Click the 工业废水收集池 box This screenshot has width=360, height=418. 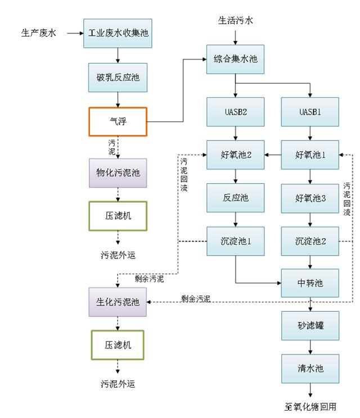pos(118,33)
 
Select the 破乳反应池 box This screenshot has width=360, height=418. pos(118,78)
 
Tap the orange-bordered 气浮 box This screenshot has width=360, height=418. pos(118,121)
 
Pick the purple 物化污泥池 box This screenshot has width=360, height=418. pos(118,172)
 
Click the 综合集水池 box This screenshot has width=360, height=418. pos(235,58)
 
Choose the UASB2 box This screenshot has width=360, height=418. pos(235,112)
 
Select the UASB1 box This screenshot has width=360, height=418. pos(310,112)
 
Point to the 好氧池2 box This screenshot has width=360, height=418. pos(235,154)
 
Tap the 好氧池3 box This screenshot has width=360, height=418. pos(310,198)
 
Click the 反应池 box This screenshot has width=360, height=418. pos(235,198)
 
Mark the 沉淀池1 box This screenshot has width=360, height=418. pos(235,241)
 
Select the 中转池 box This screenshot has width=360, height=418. pos(310,283)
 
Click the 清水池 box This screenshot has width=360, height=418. pos(310,368)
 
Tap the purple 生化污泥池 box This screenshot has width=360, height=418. pos(118,301)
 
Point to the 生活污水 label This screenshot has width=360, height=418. pos(236,20)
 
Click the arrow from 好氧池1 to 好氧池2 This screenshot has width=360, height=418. pos(273,154)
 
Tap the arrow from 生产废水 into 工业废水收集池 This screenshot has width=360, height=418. pos(74,34)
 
